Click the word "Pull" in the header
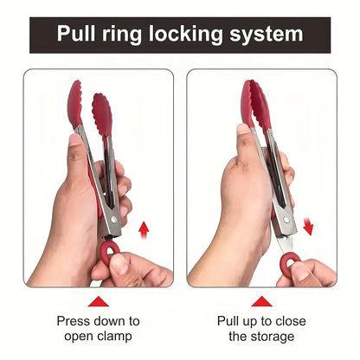tap(76, 34)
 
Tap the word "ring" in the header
tap(122, 35)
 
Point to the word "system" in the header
tap(267, 35)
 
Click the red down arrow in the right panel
tap(308, 227)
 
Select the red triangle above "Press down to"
tap(99, 301)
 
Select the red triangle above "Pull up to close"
tap(261, 301)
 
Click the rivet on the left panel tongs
tap(114, 220)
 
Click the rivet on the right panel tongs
tap(286, 220)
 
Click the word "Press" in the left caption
tap(74, 321)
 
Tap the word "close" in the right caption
tap(291, 321)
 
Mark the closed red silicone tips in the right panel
tap(256, 105)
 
